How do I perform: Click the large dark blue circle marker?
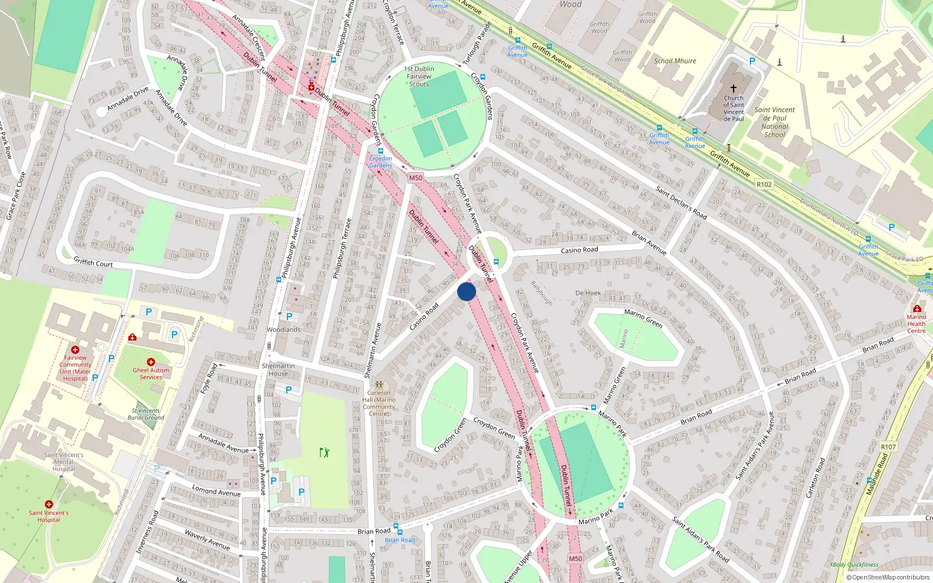tap(466, 291)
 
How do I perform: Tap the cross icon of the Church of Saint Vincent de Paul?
tap(734, 88)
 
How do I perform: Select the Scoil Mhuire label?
tap(675, 61)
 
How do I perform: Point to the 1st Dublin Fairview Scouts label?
tap(419, 76)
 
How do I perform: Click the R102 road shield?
tap(764, 184)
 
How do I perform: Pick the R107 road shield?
tap(888, 447)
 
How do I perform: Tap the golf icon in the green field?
tap(324, 452)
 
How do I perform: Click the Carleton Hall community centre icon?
tap(379, 385)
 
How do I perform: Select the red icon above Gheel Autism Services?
tap(151, 362)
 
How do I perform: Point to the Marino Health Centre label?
tap(916, 324)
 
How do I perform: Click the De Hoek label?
tap(588, 293)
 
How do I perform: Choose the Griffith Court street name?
tap(93, 263)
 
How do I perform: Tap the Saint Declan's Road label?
tap(681, 202)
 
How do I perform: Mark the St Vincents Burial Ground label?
tap(146, 414)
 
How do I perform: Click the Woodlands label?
tap(283, 329)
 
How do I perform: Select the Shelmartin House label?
tap(278, 370)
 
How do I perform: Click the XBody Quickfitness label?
tap(854, 564)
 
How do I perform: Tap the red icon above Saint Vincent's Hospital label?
tap(49, 504)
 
